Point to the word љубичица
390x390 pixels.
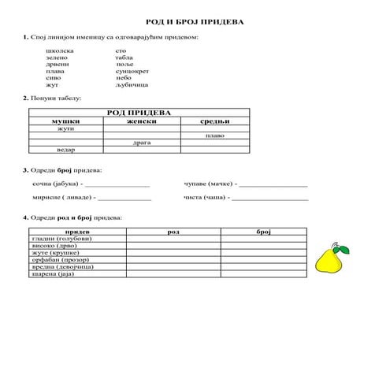coord(131,85)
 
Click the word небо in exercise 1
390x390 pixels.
coord(123,78)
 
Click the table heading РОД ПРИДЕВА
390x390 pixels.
coord(139,113)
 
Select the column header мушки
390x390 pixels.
coord(66,121)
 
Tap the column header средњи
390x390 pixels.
coord(214,121)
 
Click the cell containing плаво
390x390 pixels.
coord(214,136)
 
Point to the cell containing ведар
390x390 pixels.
coord(66,150)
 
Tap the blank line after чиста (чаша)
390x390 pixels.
coord(272,198)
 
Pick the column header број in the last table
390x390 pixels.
coord(263,232)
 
